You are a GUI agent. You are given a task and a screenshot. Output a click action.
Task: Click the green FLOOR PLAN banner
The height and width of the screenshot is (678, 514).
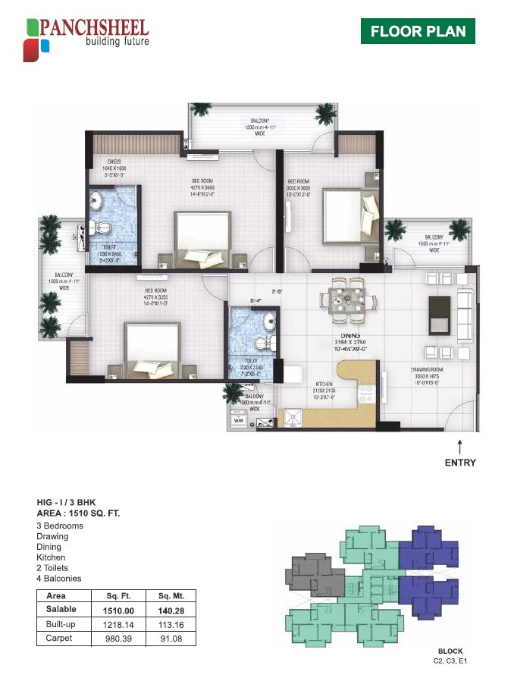point(417,32)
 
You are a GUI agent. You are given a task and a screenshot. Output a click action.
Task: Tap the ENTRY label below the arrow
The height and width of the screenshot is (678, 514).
point(460,463)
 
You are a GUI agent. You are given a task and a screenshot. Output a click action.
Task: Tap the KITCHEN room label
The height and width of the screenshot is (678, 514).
point(327,385)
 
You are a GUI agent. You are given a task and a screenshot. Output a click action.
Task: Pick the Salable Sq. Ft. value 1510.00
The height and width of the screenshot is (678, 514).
point(107,610)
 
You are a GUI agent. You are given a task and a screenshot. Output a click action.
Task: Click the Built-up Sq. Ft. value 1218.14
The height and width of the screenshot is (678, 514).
point(107,624)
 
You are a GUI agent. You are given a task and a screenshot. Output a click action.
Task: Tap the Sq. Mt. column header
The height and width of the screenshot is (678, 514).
point(167,596)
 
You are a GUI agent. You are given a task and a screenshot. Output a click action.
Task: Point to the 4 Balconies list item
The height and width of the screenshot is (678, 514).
point(58,579)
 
